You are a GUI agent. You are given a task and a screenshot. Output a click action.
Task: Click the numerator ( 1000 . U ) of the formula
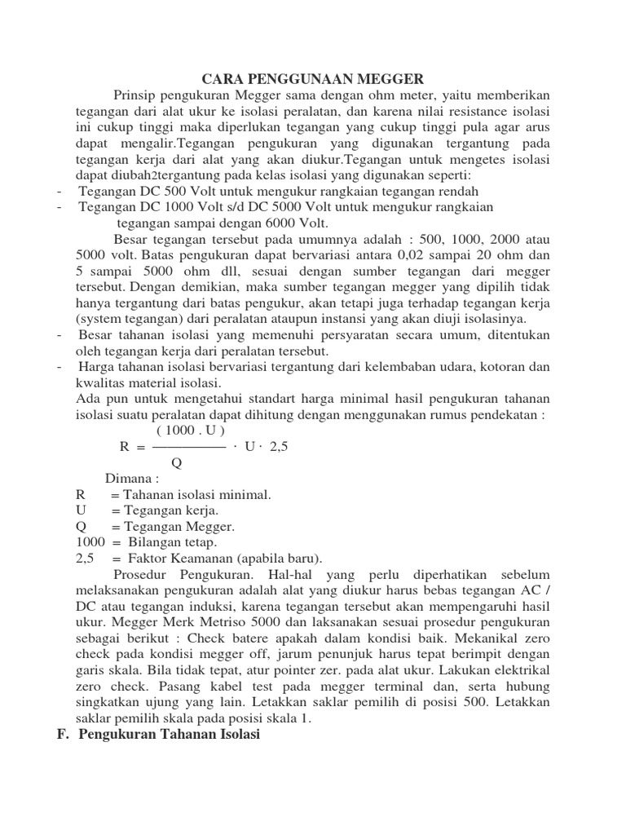(191, 430)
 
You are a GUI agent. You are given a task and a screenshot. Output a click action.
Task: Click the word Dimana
(130, 478)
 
